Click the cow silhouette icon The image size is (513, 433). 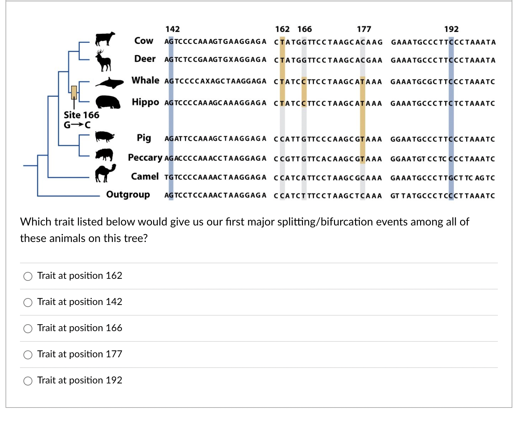tap(105, 39)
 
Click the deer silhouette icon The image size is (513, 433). tap(104, 60)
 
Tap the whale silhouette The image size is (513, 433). tap(109, 83)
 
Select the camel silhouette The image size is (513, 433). tap(105, 173)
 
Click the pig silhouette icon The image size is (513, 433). tap(105, 137)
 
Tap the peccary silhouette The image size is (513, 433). tap(104, 155)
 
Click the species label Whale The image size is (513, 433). tap(145, 81)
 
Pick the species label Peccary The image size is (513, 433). tap(145, 158)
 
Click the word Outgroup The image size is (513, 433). tap(128, 195)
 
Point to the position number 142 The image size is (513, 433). tap(172, 29)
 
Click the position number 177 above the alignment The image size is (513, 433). tap(364, 29)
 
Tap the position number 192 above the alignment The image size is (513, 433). tap(451, 29)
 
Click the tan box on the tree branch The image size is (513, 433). tap(74, 92)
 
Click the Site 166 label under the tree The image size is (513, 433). tap(81, 115)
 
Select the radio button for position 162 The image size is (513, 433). tap(28, 276)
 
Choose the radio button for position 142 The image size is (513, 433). tap(28, 303)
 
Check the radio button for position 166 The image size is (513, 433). tap(28, 329)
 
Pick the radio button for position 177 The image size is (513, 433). tap(28, 355)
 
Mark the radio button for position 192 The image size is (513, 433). tap(28, 381)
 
